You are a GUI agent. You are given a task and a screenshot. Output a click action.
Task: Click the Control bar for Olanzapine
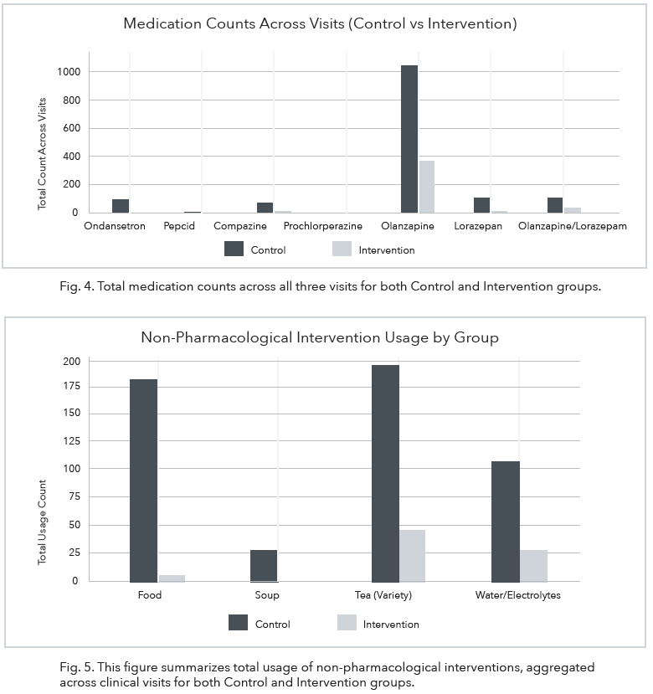409,139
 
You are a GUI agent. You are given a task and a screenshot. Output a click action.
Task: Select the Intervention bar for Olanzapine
427,187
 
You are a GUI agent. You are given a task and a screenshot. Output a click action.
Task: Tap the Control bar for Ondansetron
121,206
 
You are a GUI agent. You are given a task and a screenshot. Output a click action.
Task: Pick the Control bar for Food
143,480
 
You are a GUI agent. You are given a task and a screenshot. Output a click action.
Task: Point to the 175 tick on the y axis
75,386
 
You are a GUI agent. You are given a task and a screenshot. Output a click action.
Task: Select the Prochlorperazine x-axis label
322,227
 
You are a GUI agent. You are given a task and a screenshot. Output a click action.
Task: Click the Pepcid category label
179,227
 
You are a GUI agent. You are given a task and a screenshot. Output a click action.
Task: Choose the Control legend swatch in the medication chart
234,249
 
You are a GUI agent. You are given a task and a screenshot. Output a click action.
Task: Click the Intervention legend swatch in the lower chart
347,623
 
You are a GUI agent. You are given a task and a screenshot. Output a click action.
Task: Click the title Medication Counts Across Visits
320,23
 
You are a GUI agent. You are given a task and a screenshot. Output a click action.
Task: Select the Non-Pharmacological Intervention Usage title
320,338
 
